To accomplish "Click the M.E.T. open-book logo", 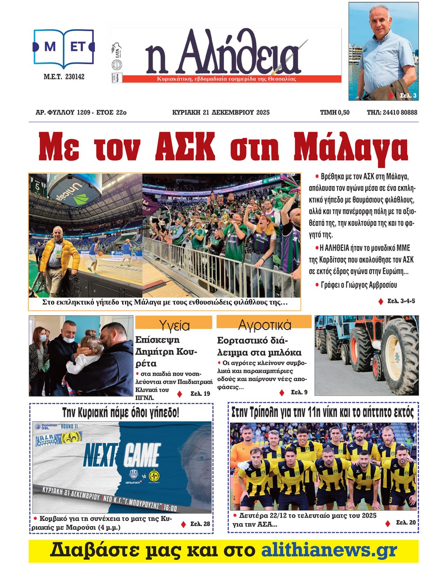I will coord(64,47).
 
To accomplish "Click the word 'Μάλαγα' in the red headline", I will coord(350,147).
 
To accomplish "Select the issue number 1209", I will coord(83,112).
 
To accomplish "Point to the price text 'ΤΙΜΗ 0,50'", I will coord(334,112).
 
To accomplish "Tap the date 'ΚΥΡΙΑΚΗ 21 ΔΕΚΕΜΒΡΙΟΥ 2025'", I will coord(220,112).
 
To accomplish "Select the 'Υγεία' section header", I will coord(174,325).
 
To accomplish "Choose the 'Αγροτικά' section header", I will coord(265,325).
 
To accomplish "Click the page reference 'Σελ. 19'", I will coord(200,393).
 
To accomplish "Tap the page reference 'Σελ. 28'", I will coord(200,523).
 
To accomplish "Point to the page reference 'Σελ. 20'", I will coord(405,522).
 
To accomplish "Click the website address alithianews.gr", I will coord(329,550).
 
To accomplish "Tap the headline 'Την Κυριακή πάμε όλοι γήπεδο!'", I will coord(121,413).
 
